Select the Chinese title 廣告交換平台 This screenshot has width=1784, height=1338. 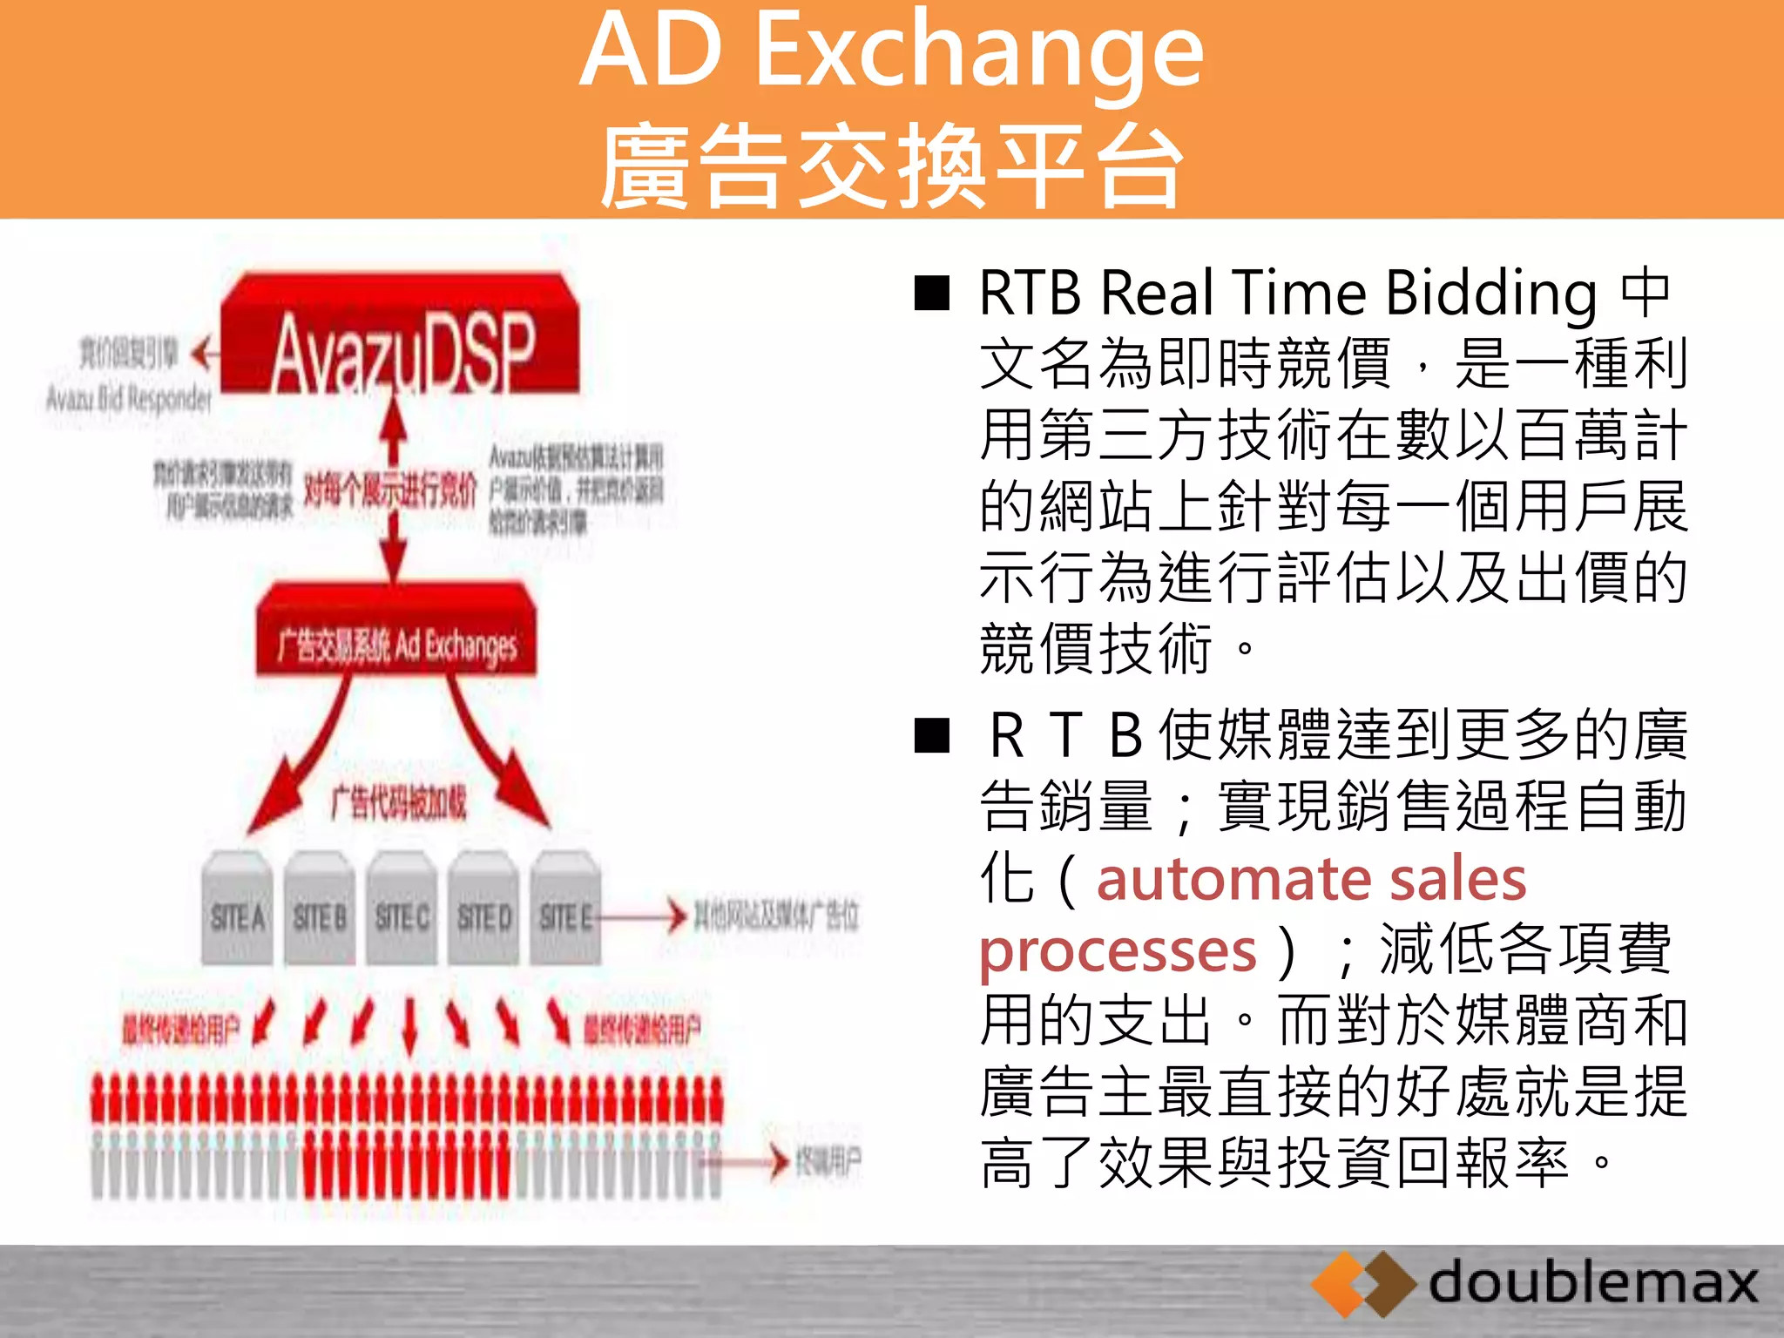pos(891,166)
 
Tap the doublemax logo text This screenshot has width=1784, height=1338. pos(1592,1282)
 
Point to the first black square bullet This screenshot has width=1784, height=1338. pos(931,294)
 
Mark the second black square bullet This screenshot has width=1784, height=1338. pos(931,736)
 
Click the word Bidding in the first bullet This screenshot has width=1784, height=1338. pos(1491,294)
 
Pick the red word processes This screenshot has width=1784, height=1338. pos(1118,949)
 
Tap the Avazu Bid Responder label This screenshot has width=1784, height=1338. pos(129,399)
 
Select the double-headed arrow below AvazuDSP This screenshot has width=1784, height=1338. pos(394,492)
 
